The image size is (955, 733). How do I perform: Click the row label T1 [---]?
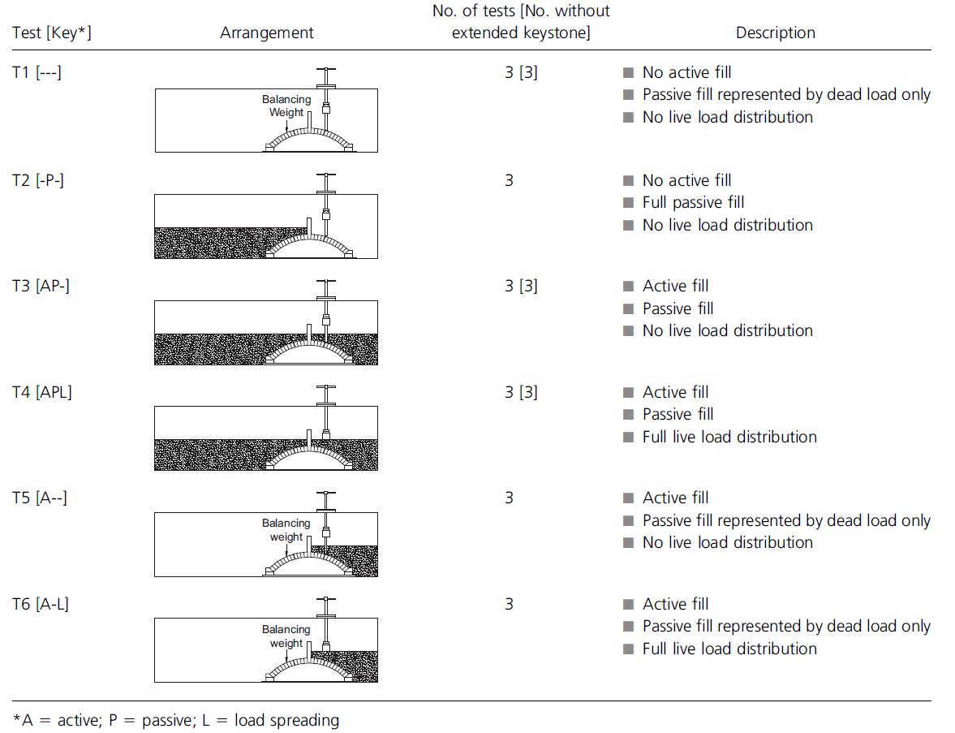pos(37,72)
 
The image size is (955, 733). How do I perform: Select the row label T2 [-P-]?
pos(38,179)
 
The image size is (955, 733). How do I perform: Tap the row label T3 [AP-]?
pos(41,286)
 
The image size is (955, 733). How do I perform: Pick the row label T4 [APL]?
pos(42,392)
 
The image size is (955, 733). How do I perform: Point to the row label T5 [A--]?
pos(40,498)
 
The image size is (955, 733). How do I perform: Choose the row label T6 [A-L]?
pos(41,604)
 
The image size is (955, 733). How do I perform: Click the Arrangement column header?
pos(266,33)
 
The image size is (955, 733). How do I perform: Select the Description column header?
pos(775,33)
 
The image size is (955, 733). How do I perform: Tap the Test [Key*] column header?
pos(51,33)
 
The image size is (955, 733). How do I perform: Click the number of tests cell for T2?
pos(509,179)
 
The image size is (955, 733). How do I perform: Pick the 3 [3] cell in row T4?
pos(520,392)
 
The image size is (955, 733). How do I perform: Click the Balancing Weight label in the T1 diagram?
pos(286,106)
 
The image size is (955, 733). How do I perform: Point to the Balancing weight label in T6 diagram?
pos(286,636)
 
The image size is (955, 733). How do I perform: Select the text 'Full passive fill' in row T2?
pos(692,202)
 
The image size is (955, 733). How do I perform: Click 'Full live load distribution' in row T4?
pos(729,437)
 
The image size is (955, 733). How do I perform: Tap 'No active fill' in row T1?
pos(686,72)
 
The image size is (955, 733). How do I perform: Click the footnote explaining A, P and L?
pos(176,719)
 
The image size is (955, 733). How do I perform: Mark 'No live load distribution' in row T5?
pos(727,542)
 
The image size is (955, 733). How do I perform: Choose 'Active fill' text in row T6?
pos(675,604)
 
